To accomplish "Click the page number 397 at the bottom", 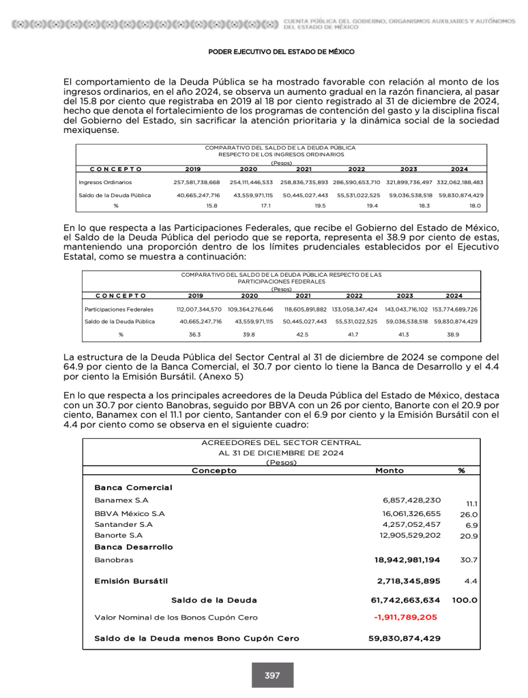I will click(272, 676).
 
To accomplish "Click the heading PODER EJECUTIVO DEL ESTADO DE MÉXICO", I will click(281, 52).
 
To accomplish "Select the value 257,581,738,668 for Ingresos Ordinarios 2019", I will click(197, 183).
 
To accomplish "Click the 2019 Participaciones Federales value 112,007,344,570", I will click(199, 309).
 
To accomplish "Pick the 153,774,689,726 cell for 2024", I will click(455, 309).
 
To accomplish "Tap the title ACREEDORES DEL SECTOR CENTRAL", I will click(281, 443).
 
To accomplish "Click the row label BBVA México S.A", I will click(130, 513).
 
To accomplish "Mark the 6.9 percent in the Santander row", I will click(471, 526).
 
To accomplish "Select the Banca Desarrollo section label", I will click(134, 547).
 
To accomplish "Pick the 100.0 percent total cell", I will click(465, 601).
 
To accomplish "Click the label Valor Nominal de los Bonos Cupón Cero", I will click(176, 617).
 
